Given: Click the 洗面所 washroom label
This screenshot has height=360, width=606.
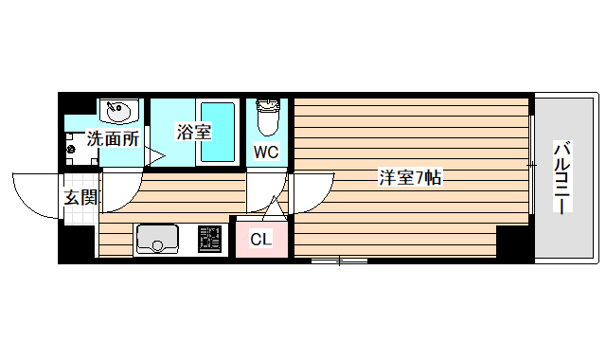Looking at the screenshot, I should click(113, 138).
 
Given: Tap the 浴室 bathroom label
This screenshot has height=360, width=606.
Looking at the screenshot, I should click(194, 133).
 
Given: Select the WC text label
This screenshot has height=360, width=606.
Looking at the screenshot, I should click(266, 152).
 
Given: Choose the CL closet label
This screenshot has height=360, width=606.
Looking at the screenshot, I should click(260, 239).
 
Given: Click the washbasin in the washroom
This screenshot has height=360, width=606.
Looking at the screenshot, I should click(118, 113).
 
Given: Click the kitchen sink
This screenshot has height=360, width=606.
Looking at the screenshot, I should click(157, 239).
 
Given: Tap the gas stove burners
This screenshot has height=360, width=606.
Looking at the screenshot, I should click(209, 241).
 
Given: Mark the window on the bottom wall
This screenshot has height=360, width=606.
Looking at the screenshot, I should click(338, 259).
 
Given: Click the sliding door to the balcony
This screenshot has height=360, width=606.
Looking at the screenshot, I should click(532, 167).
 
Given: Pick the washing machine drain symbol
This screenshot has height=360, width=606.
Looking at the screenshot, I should click(71, 149).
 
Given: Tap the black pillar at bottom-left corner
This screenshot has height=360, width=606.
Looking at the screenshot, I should click(77, 245).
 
